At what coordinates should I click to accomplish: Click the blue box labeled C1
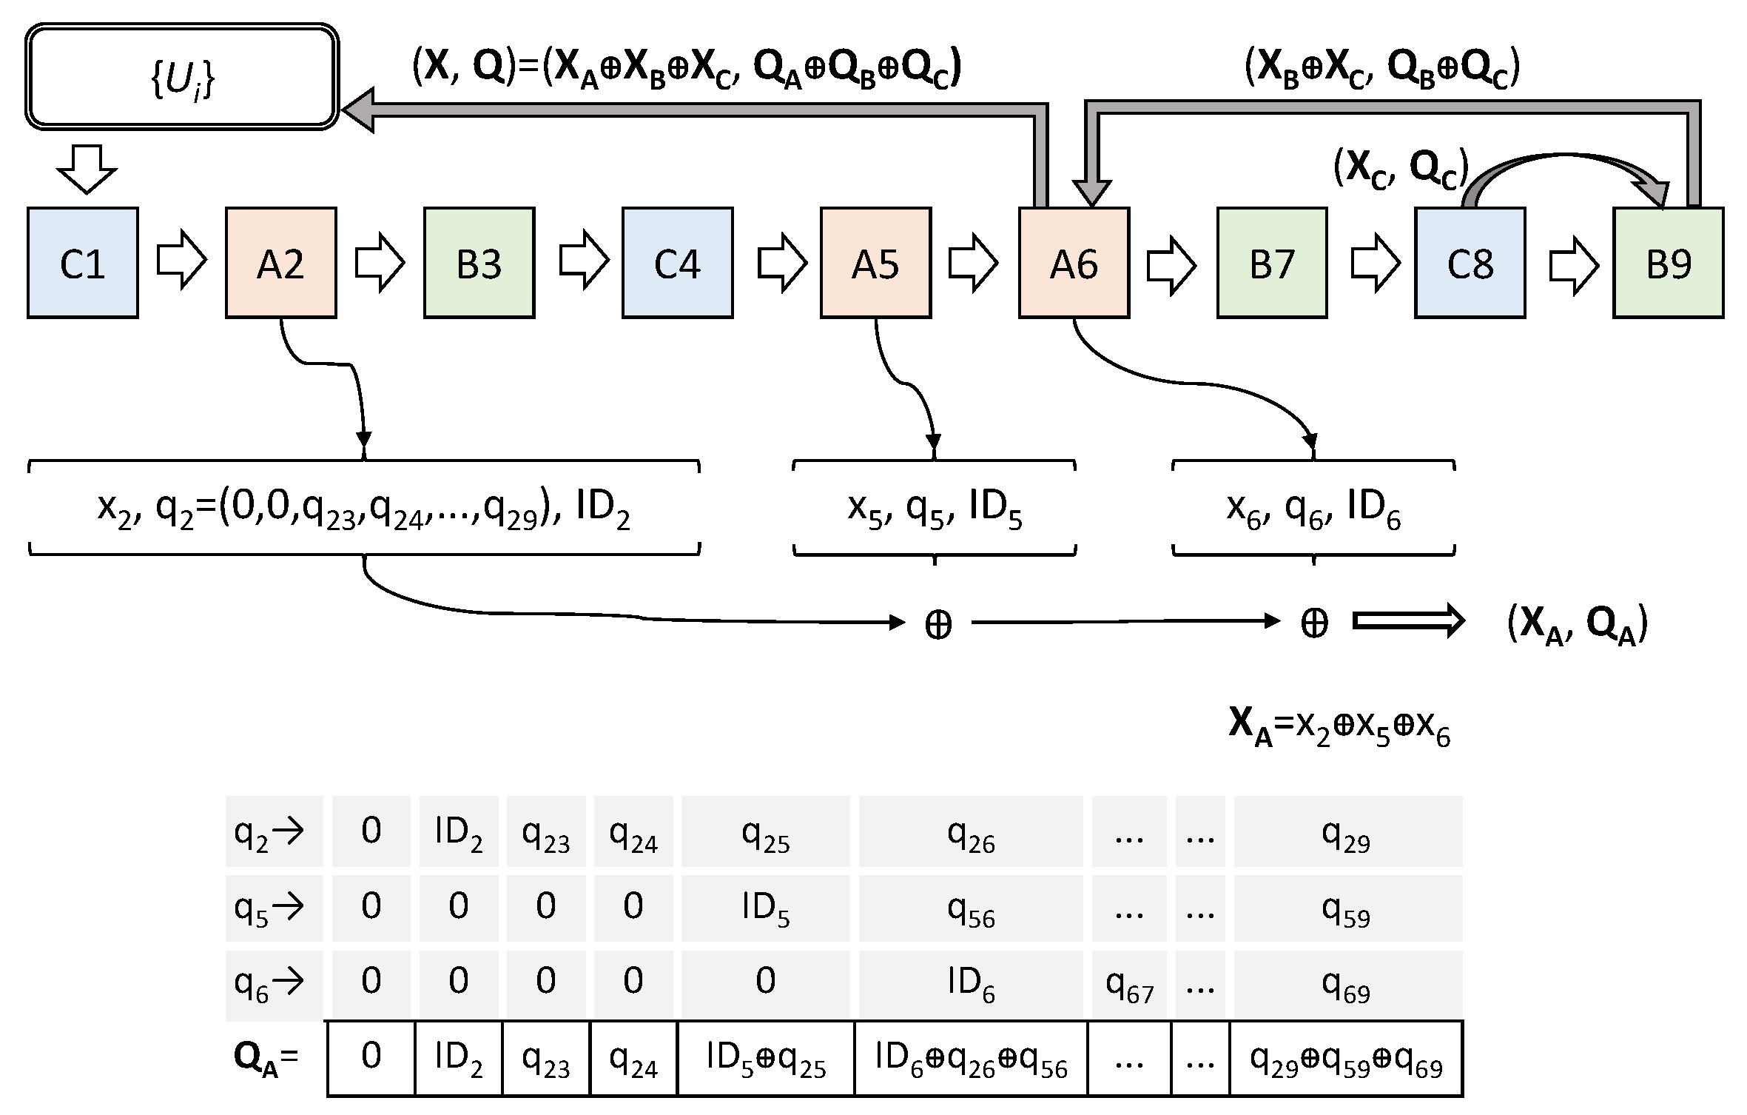83,263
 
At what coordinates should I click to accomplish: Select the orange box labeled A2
281,263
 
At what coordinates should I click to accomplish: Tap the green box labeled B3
479,263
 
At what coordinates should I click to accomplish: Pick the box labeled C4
677,263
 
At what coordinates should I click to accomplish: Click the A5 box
875,263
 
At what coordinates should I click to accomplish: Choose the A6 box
1074,263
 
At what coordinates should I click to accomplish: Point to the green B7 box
1272,263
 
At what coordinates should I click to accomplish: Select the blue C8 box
1470,263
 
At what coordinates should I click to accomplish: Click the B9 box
1668,263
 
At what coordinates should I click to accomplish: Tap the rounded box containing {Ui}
182,77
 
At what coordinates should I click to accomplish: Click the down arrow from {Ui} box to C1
87,169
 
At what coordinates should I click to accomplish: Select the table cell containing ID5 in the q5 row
765,909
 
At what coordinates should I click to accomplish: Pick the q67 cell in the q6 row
1129,985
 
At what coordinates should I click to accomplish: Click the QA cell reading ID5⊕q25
765,1059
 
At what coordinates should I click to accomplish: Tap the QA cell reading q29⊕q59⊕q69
1346,1059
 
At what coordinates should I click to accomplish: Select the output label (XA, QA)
1576,626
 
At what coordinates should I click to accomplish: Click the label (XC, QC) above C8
1400,170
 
